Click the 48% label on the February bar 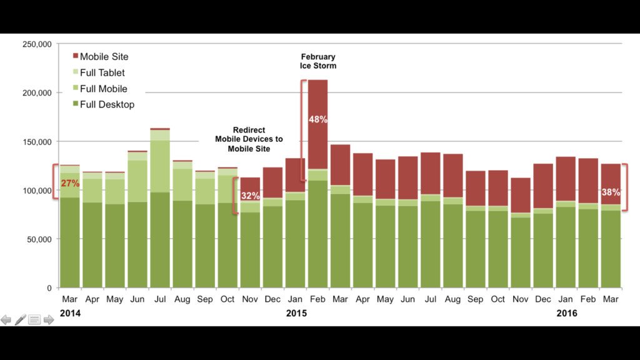317,119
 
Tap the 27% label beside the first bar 70,183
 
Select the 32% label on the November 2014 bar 250,196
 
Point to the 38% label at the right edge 611,192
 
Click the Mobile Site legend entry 103,56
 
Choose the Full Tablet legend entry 102,72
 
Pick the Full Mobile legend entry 103,89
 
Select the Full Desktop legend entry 106,104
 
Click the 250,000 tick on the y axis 37,44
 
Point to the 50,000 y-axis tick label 39,239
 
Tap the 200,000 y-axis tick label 37,93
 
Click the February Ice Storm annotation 317,61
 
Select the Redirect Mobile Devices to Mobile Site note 249,139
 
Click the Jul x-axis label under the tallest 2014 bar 160,299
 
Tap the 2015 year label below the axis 296,313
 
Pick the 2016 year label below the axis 566,313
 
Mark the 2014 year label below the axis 70,313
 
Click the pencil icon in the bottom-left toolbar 21,320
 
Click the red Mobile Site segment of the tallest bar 317,125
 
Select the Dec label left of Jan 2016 543,299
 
